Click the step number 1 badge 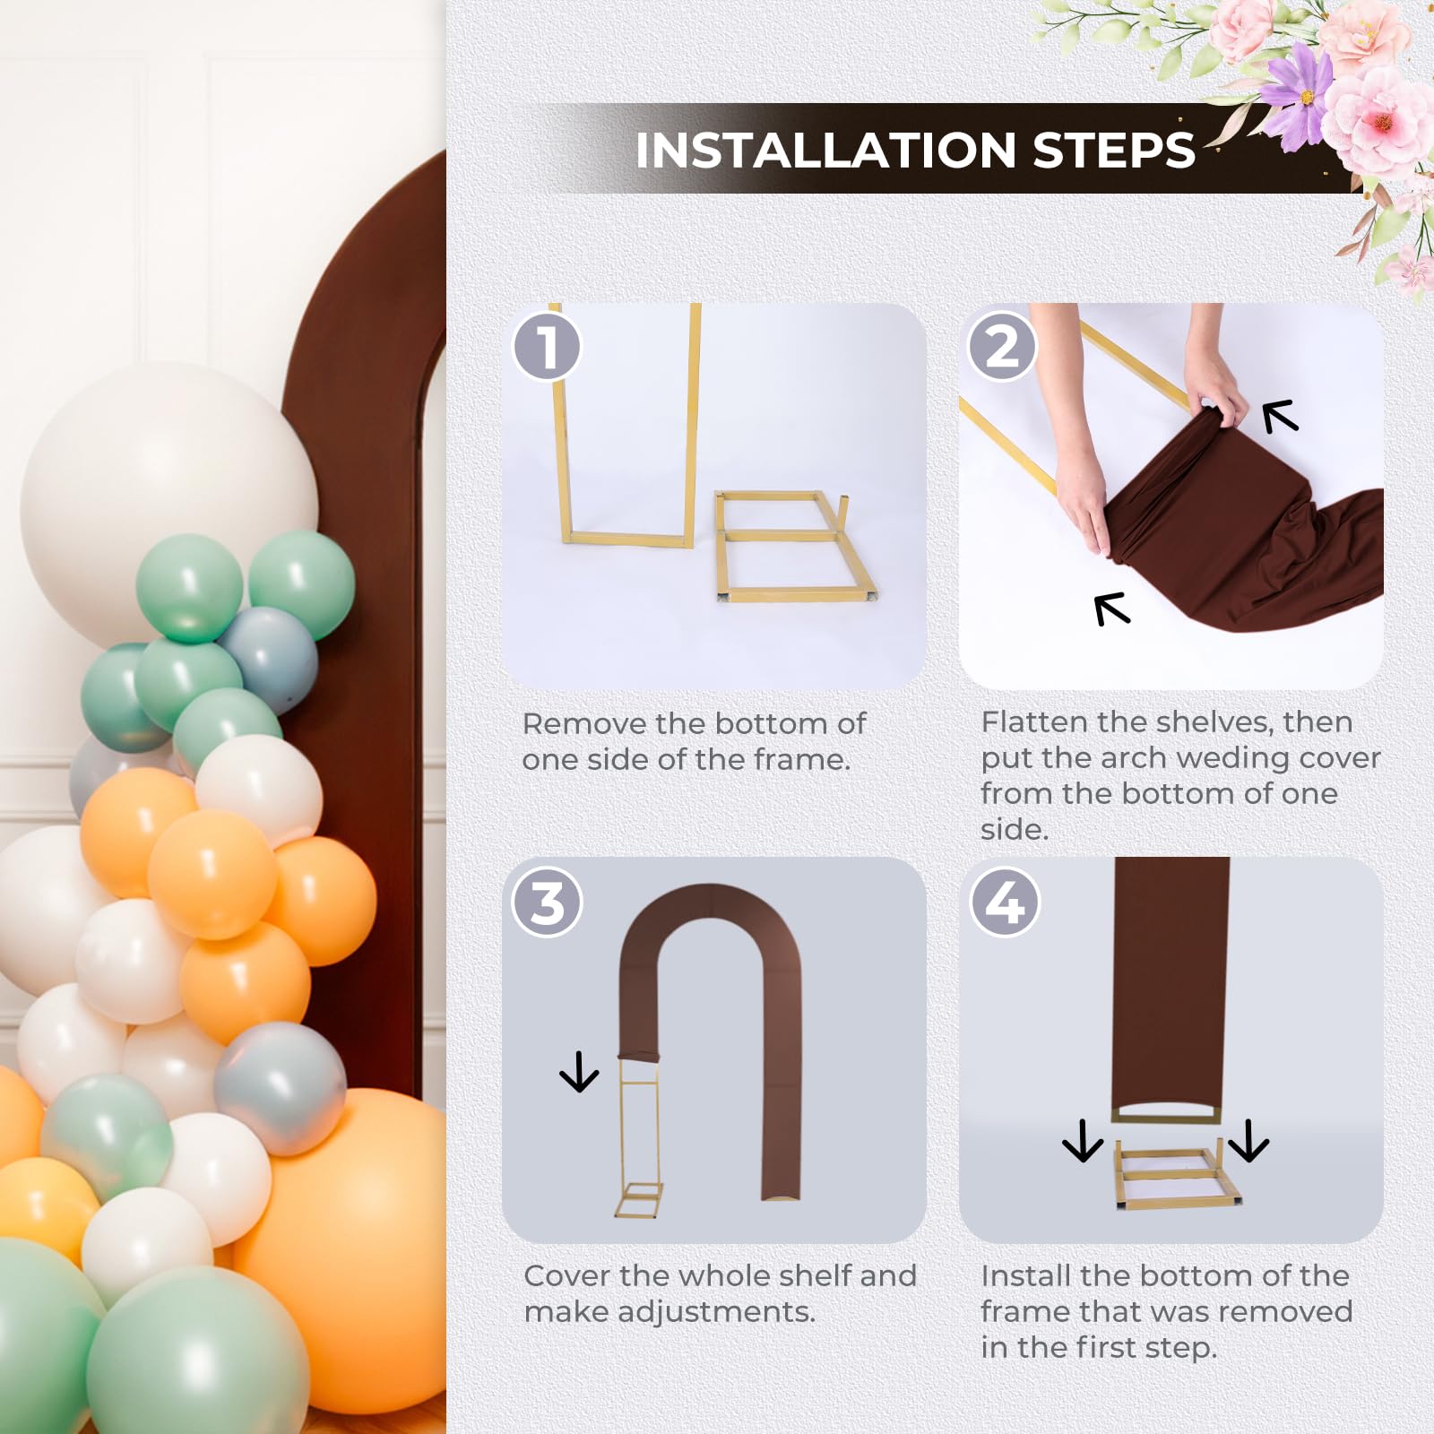pyautogui.click(x=547, y=346)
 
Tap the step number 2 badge pyautogui.click(x=1003, y=346)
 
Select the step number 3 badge pyautogui.click(x=547, y=902)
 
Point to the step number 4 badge pyautogui.click(x=1005, y=902)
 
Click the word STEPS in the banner pyautogui.click(x=1114, y=150)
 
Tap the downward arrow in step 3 pyautogui.click(x=579, y=1072)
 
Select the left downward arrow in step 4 pyautogui.click(x=1083, y=1141)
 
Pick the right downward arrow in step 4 pyautogui.click(x=1248, y=1141)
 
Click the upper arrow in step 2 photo pyautogui.click(x=1280, y=416)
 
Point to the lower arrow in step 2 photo pyautogui.click(x=1112, y=609)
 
